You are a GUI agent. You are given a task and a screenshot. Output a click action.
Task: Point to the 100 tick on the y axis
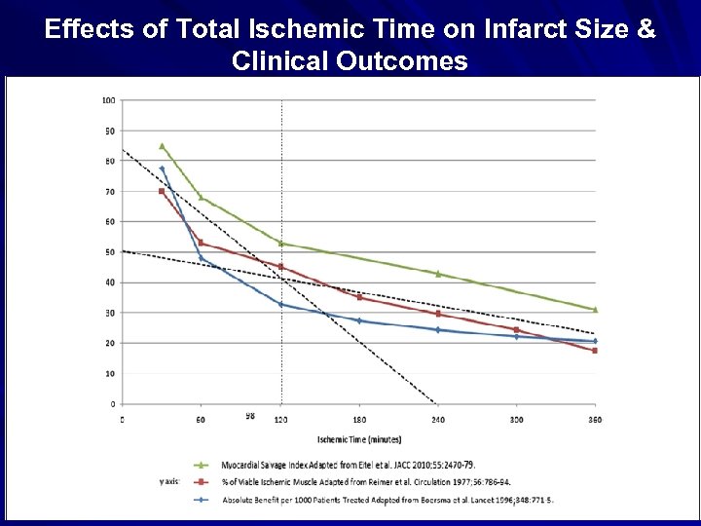point(108,100)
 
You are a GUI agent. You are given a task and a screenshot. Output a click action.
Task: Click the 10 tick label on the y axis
point(110,373)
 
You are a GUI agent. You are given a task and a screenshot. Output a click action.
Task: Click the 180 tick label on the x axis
point(360,419)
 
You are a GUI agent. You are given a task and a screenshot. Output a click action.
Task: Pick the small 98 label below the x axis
point(250,416)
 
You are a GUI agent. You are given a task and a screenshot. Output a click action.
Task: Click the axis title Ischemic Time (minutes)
point(358,440)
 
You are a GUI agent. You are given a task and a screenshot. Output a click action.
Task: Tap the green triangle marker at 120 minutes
point(281,244)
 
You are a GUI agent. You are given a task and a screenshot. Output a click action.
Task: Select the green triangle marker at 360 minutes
point(595,310)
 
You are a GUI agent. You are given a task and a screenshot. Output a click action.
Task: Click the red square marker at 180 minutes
point(360,297)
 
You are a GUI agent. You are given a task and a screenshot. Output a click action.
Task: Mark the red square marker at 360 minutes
point(595,351)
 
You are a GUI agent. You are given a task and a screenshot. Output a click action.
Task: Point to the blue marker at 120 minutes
point(281,304)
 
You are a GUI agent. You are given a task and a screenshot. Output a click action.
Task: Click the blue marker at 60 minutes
point(202,258)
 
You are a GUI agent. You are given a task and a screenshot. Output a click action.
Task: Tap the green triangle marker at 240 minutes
point(438,274)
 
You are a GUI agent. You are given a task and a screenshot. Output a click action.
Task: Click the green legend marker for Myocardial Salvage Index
point(202,464)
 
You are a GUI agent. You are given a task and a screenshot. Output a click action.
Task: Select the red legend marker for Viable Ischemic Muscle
point(202,481)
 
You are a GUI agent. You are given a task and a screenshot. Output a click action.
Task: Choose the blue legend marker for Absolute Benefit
point(202,500)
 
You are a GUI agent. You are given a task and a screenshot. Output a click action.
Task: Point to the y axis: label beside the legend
point(169,481)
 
